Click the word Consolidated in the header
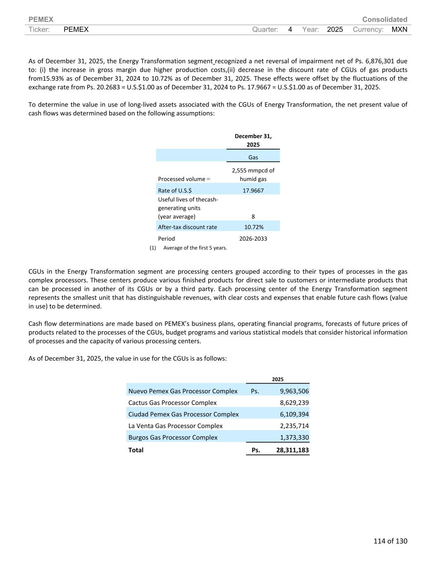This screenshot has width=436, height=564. tap(384, 19)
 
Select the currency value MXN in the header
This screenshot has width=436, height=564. tap(399, 29)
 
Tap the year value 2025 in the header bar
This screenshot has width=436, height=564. tap(335, 29)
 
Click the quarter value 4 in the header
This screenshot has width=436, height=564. tap(290, 29)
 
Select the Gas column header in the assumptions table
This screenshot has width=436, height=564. tap(253, 157)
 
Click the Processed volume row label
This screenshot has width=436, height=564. tap(182, 179)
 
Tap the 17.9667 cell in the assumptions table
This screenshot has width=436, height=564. tap(253, 190)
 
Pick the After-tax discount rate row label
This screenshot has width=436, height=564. tap(187, 227)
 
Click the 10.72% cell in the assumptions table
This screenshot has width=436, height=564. tap(253, 227)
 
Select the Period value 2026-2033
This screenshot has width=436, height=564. tap(253, 238)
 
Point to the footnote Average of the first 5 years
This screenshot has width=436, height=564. tap(195, 248)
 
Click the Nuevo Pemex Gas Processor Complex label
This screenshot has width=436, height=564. tap(183, 391)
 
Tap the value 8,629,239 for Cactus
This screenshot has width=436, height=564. tap(294, 402)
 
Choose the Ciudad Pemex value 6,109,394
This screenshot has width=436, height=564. tap(294, 414)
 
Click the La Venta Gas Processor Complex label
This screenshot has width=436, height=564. tap(175, 426)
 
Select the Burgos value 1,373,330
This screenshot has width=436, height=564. tap(294, 437)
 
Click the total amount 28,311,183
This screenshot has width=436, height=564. tap(292, 450)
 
